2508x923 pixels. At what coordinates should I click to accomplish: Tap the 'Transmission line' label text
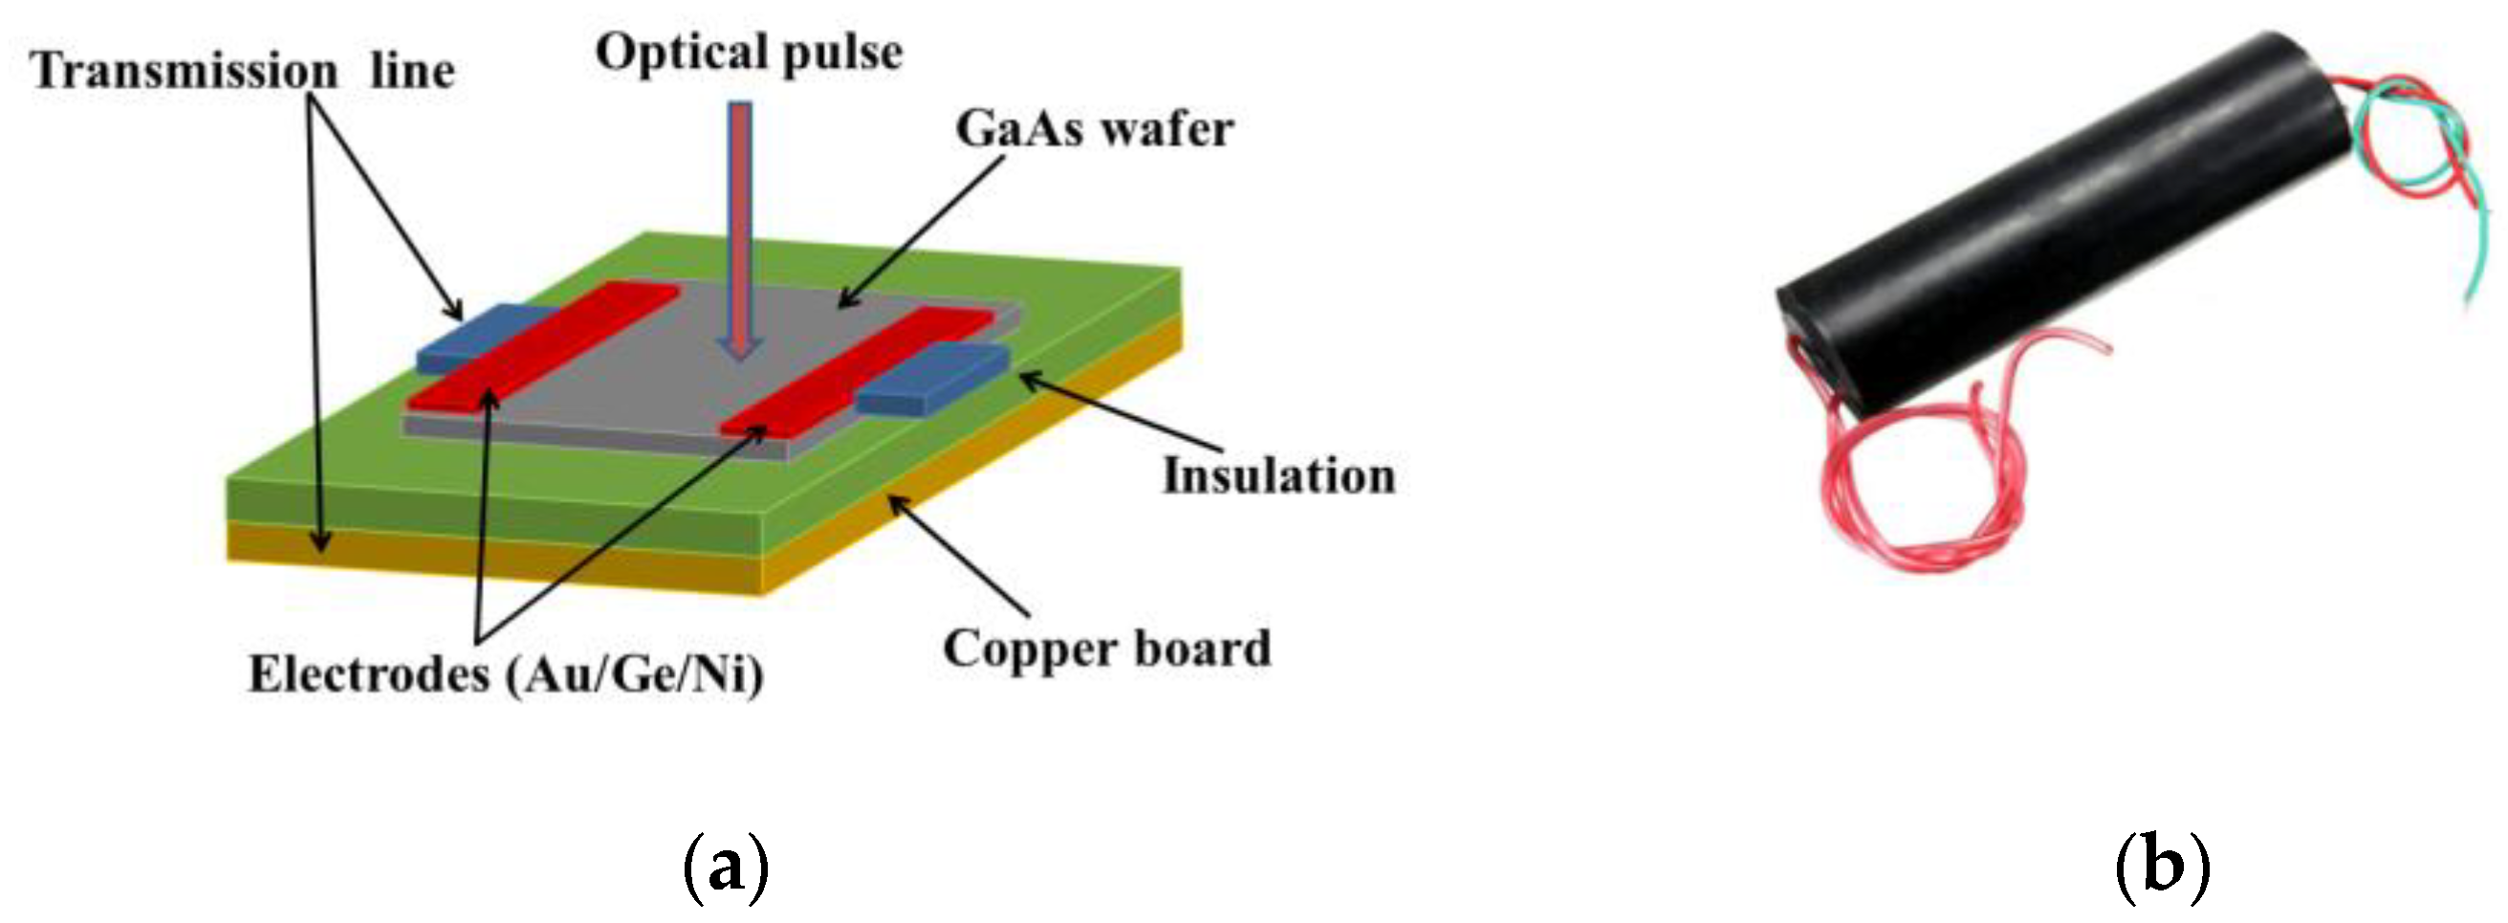click(243, 71)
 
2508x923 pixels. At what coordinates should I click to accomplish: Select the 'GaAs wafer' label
click(1095, 129)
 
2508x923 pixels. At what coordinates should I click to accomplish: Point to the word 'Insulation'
click(1278, 476)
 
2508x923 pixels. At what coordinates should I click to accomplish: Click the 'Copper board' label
click(1107, 649)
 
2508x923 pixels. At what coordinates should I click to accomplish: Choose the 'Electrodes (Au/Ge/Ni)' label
click(505, 673)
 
